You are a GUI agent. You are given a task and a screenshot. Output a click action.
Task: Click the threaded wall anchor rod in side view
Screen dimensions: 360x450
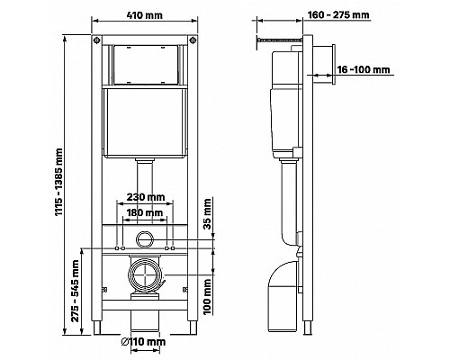pyautogui.click(x=279, y=40)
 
